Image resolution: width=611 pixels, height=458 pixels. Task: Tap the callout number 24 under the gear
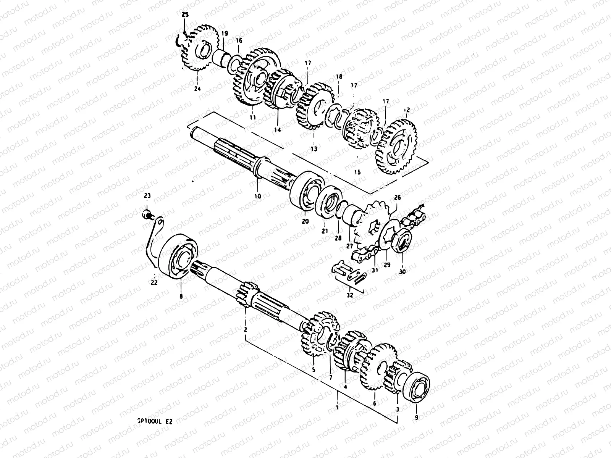(197, 89)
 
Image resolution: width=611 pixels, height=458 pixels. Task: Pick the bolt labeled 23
(147, 214)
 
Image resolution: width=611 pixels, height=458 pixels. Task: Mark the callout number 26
(398, 198)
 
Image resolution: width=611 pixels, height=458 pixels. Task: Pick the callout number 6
(374, 403)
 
